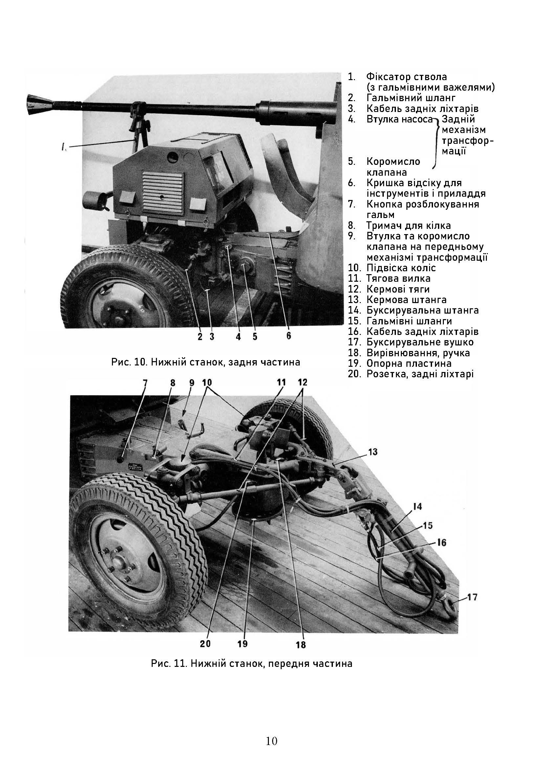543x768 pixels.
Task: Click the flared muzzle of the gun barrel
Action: [38, 104]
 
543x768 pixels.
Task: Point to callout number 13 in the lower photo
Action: [373, 452]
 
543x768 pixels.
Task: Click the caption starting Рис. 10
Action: [206, 362]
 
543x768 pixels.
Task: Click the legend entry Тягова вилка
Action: [398, 278]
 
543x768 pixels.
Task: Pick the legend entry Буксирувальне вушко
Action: [420, 342]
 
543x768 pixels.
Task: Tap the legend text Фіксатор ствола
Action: [406, 77]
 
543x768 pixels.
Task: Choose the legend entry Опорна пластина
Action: [409, 363]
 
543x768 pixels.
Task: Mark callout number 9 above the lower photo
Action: [192, 383]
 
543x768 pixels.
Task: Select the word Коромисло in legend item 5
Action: [393, 162]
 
